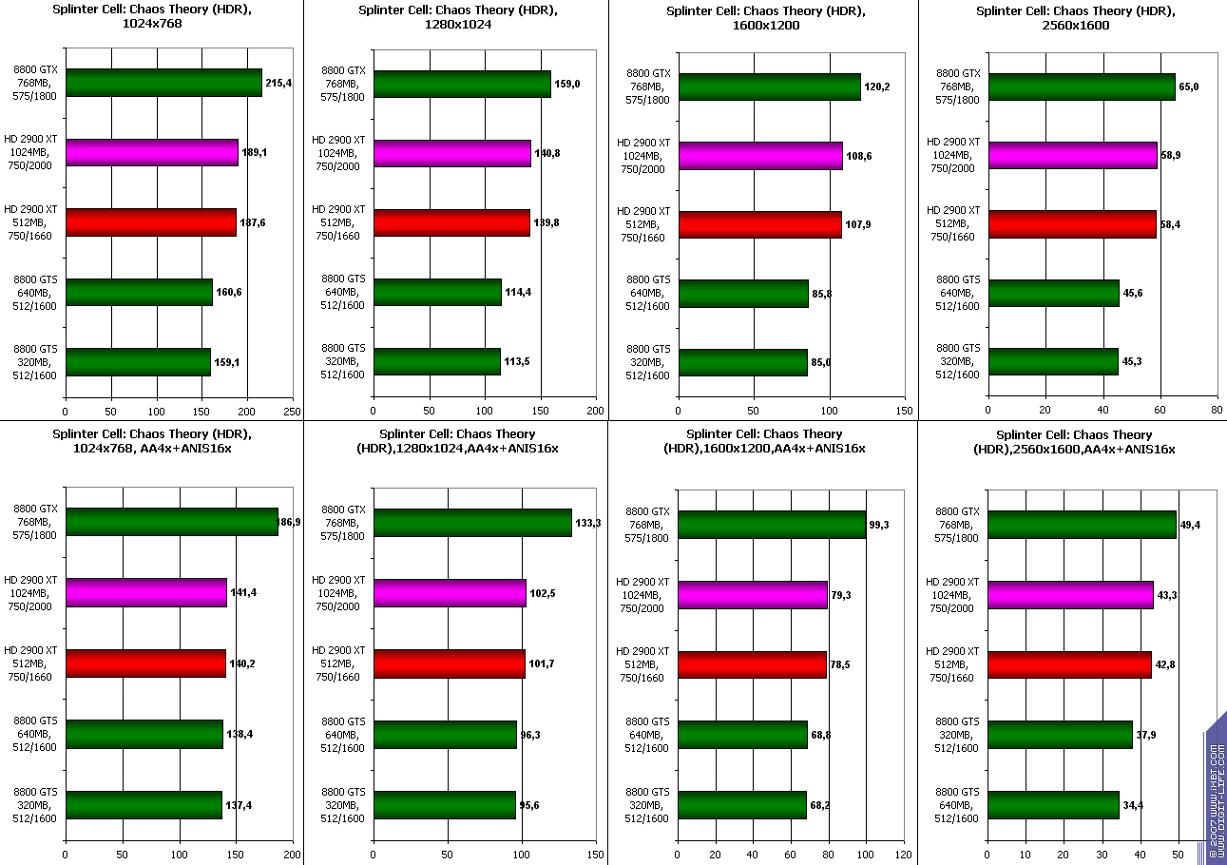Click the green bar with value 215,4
pos(163,83)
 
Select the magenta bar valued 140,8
pos(451,153)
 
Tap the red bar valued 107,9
pos(759,224)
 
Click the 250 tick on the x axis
pos(292,412)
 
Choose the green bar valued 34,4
pos(1053,805)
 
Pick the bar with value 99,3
pos(772,524)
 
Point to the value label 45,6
pos(1133,293)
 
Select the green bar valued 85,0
pos(742,362)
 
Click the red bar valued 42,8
pos(1069,664)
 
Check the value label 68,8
pos(821,735)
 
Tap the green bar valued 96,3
pos(445,735)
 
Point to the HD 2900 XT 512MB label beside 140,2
pos(30,663)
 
